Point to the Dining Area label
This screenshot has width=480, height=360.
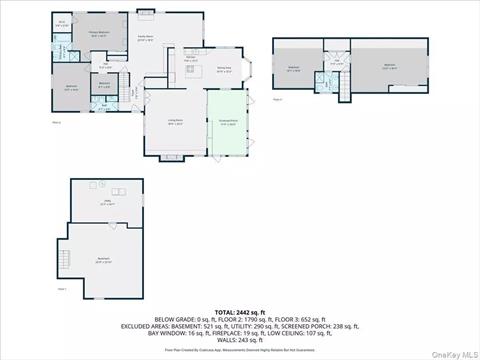click(x=224, y=69)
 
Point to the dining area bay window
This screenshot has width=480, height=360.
click(x=252, y=70)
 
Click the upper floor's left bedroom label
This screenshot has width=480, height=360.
click(x=294, y=67)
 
